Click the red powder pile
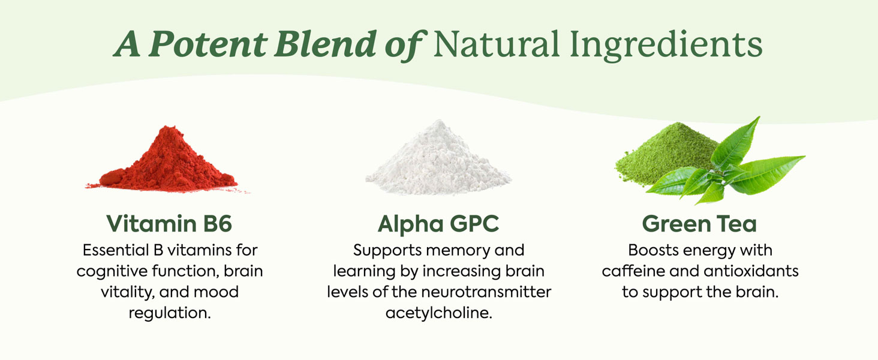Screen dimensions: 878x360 [167, 161]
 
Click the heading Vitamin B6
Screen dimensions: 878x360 [169, 224]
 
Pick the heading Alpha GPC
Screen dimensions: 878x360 [438, 224]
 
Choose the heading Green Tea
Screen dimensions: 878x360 [699, 224]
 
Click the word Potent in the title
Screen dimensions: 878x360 [208, 44]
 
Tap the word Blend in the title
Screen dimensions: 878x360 [325, 43]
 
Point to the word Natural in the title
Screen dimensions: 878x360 [496, 44]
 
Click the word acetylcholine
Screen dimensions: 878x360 [438, 313]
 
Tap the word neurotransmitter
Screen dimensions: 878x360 [486, 292]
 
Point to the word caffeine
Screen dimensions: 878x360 [633, 271]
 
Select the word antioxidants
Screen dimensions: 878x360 [751, 271]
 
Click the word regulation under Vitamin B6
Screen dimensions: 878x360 [170, 314]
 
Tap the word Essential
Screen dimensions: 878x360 [116, 250]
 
